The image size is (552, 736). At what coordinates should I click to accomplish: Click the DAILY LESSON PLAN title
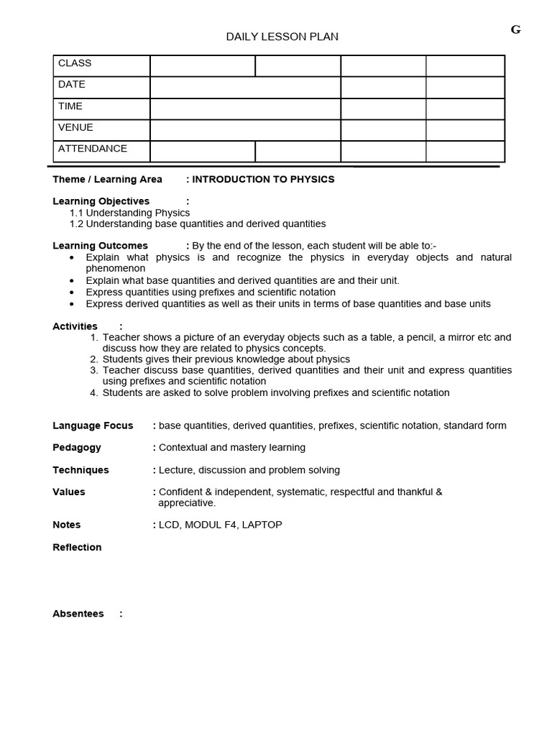[282, 37]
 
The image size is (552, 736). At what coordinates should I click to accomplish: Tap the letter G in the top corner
[515, 29]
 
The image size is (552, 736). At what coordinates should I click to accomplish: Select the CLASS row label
[75, 63]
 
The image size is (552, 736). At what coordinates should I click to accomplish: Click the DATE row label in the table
[72, 85]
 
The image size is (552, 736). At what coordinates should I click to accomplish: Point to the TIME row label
[70, 106]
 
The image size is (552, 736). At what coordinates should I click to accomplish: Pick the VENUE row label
[75, 127]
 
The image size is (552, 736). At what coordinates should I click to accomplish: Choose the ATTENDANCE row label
[93, 149]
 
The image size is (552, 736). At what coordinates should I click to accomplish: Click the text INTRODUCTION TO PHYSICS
[263, 180]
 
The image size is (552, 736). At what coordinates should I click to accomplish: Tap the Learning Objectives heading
[101, 201]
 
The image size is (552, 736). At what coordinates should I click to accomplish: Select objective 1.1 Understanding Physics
[129, 213]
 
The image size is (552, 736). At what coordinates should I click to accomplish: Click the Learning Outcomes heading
[100, 246]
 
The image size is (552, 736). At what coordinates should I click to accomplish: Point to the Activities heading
[75, 326]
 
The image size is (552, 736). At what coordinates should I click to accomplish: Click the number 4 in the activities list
[93, 393]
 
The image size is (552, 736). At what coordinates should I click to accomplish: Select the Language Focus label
[93, 425]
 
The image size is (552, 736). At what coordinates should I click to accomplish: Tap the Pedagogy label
[77, 448]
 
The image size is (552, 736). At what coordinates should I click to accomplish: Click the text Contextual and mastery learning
[232, 448]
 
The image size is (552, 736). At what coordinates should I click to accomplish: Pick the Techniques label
[80, 470]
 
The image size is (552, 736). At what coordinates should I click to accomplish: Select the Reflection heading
[77, 548]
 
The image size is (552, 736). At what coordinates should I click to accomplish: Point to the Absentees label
[78, 614]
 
